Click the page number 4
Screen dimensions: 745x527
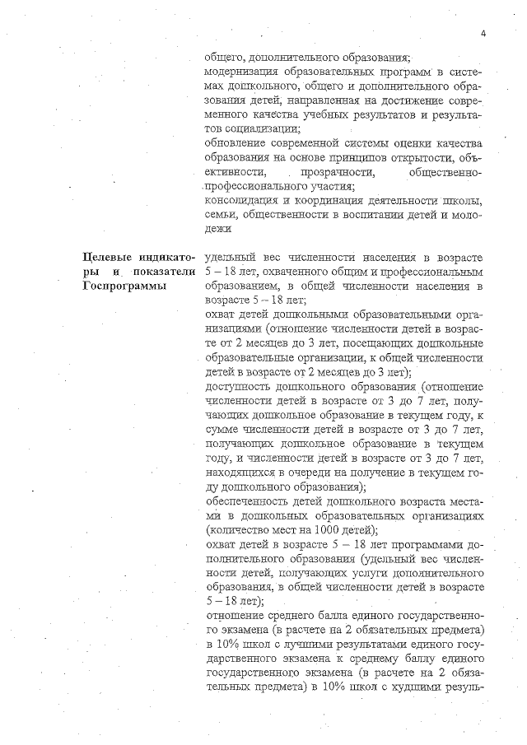coord(483,33)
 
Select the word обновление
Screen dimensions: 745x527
coord(238,142)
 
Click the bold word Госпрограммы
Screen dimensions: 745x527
coord(124,286)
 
